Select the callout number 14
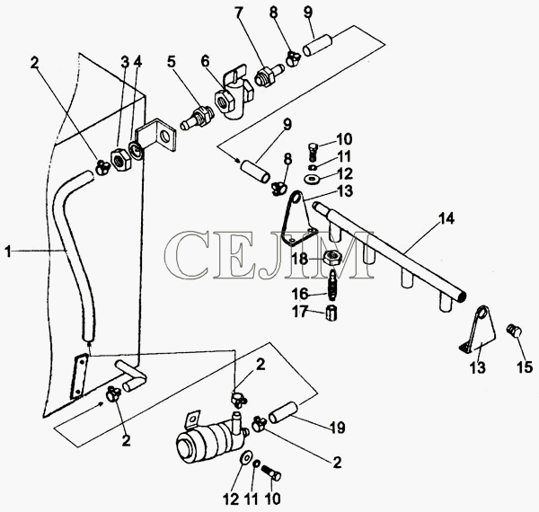click(x=446, y=219)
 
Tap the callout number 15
click(x=526, y=366)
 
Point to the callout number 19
click(x=337, y=428)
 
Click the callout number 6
click(x=205, y=62)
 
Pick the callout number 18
click(x=299, y=259)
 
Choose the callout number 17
click(x=299, y=313)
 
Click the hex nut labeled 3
click(x=120, y=160)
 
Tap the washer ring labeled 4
click(x=136, y=150)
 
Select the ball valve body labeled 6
click(x=232, y=96)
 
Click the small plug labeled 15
click(x=514, y=331)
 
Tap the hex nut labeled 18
click(x=332, y=257)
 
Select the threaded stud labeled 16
click(x=332, y=285)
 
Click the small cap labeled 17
click(x=331, y=313)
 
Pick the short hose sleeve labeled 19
click(x=283, y=412)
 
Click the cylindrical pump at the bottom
click(x=210, y=436)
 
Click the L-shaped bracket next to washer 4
click(x=158, y=135)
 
